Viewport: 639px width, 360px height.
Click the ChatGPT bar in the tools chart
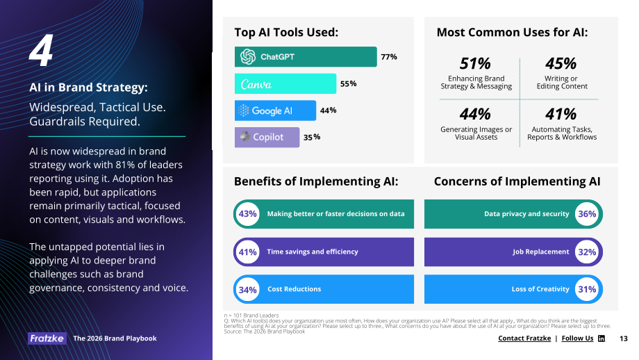[306, 57]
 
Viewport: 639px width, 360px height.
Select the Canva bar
[285, 83]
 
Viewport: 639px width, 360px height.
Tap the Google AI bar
[275, 111]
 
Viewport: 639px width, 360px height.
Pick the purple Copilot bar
[267, 137]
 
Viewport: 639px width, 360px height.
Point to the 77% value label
[389, 57]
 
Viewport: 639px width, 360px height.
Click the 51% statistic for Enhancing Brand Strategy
[475, 64]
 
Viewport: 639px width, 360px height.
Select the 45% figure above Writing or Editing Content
[561, 64]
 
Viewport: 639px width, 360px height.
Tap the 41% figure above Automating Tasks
[561, 114]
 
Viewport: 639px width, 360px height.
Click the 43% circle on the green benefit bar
[248, 213]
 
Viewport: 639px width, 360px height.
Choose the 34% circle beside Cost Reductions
[248, 290]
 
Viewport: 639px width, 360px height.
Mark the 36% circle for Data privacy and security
[587, 213]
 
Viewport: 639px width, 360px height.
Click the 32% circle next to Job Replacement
[587, 252]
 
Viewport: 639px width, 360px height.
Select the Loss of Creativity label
[540, 289]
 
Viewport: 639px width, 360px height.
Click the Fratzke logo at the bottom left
[47, 338]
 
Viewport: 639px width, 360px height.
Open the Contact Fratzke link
[524, 338]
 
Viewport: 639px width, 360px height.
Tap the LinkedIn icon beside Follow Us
[601, 338]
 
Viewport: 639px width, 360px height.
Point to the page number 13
[624, 338]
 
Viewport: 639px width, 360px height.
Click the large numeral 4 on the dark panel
[41, 50]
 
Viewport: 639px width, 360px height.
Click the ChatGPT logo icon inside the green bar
[248, 57]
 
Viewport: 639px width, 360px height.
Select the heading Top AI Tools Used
[286, 32]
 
